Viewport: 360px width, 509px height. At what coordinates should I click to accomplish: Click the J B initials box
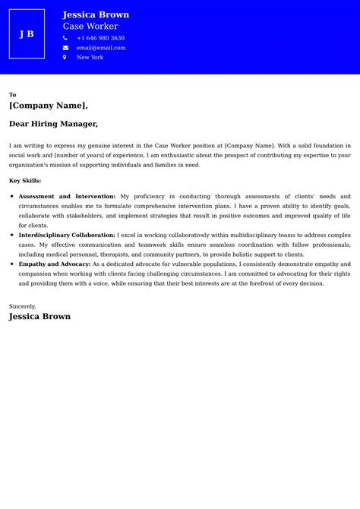(x=27, y=34)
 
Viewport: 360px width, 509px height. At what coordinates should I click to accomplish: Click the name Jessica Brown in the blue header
(x=96, y=14)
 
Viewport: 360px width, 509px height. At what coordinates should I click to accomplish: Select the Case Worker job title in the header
(x=90, y=27)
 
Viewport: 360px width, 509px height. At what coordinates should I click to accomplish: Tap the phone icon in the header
(x=65, y=38)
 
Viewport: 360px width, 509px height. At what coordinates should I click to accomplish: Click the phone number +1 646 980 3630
(x=100, y=38)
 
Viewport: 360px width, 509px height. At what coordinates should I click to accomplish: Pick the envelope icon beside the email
(x=65, y=48)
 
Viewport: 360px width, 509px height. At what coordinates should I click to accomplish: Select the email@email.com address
(x=101, y=48)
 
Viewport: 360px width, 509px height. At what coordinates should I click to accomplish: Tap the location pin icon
(x=65, y=58)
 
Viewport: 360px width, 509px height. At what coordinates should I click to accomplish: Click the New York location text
(x=90, y=58)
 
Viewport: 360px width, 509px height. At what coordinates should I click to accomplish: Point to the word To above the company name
(x=13, y=95)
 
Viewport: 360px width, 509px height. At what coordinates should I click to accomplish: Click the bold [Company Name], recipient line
(x=49, y=106)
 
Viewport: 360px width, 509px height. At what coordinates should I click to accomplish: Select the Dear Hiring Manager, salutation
(x=53, y=124)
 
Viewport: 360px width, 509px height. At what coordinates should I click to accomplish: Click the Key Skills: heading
(x=25, y=181)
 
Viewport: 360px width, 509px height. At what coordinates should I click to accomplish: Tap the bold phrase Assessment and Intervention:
(x=67, y=197)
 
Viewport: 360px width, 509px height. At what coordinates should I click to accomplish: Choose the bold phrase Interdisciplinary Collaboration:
(x=67, y=236)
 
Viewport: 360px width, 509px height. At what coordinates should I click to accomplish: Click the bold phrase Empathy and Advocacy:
(x=55, y=264)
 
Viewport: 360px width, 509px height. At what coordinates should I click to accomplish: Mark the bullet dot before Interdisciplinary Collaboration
(x=12, y=236)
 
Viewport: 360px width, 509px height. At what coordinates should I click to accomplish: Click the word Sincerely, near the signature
(x=23, y=306)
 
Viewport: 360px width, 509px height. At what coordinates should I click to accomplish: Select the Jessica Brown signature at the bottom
(x=39, y=317)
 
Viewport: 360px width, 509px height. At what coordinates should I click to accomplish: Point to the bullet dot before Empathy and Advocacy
(x=12, y=264)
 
